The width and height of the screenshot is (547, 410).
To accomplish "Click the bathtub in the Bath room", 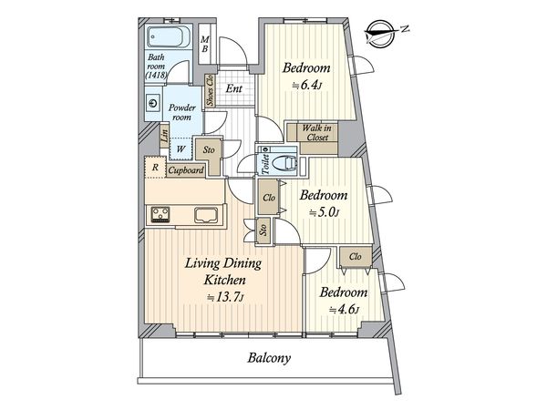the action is (168, 37).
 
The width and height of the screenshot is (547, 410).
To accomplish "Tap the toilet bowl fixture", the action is (284, 163).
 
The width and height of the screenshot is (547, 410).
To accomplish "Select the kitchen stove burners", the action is (160, 214).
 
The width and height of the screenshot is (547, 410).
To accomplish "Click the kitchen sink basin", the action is (206, 215).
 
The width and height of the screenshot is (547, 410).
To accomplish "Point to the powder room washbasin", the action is (153, 103).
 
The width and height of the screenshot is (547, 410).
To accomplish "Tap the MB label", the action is (205, 45).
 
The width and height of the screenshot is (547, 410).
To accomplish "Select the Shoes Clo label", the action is (210, 90).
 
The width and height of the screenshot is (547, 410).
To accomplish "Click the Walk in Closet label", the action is (317, 132).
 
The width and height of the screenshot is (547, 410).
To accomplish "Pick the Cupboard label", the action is (186, 170).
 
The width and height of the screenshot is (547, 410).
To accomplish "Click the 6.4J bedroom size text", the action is (306, 85).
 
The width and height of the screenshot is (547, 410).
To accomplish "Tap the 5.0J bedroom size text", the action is (324, 212).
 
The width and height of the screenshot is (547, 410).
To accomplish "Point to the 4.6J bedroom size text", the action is (344, 309).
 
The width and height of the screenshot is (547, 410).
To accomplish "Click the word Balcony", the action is (269, 358).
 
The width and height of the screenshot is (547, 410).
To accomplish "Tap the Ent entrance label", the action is (233, 88).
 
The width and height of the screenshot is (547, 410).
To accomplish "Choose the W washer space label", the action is (181, 149).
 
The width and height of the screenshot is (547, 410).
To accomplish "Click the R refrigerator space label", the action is (155, 168).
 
